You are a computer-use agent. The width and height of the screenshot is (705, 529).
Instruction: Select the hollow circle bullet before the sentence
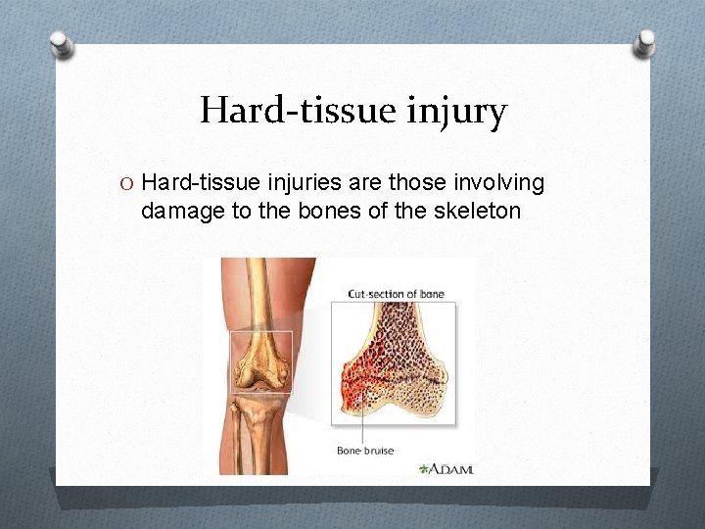tap(126, 183)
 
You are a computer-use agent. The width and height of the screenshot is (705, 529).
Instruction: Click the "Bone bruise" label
tap(365, 451)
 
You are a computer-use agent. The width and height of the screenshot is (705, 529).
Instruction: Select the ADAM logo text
tap(453, 469)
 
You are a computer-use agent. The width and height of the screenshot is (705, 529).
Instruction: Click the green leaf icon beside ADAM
tap(424, 469)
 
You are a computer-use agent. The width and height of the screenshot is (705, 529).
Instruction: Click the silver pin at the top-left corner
tap(61, 44)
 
